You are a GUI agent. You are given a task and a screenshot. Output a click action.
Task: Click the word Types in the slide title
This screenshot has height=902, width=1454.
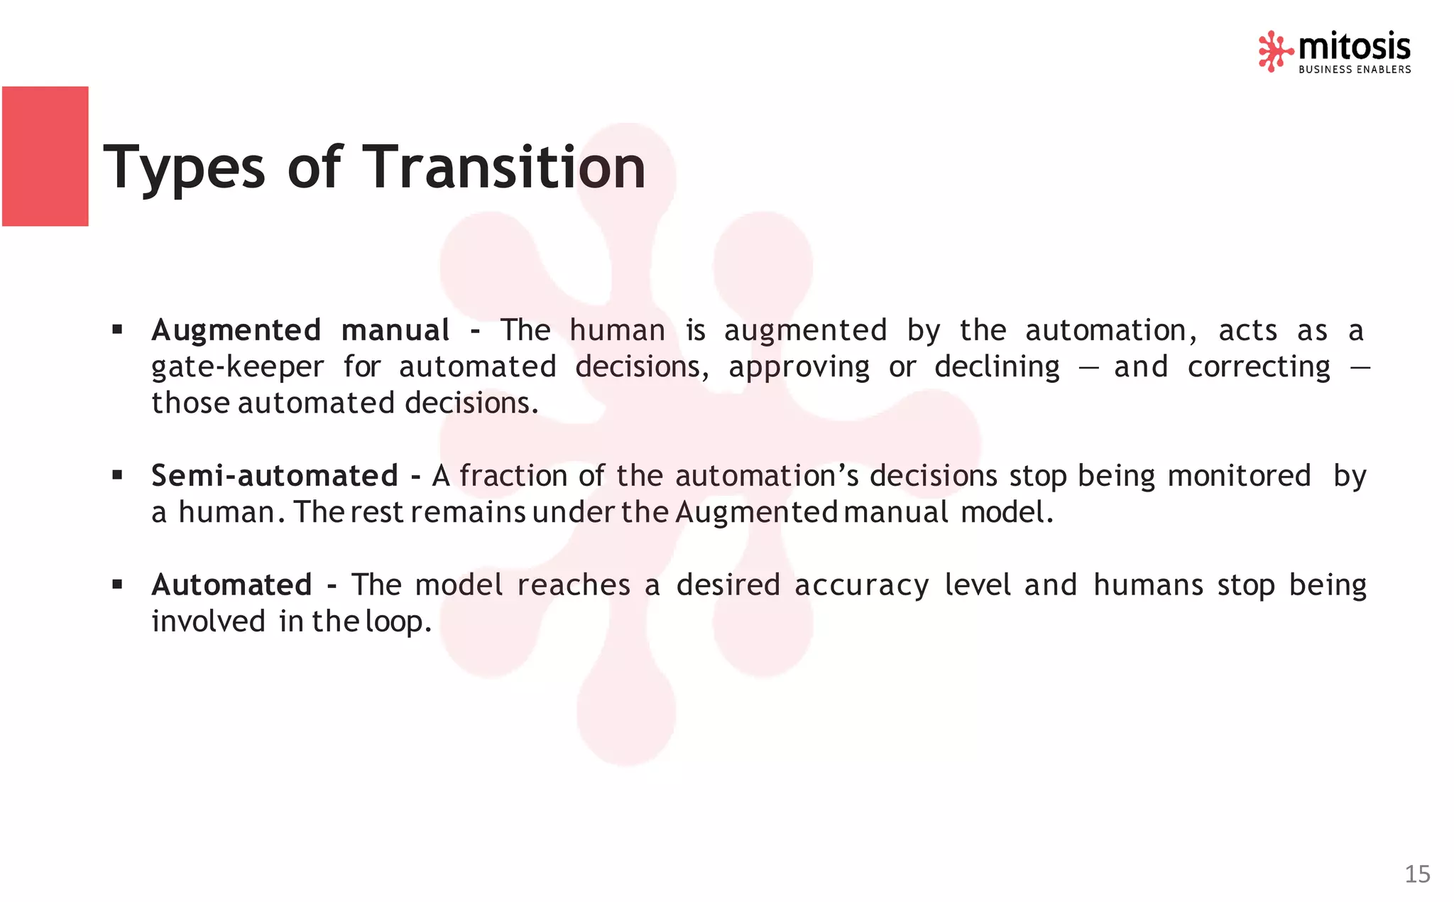click(184, 168)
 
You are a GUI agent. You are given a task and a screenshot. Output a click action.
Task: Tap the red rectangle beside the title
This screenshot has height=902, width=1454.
click(45, 156)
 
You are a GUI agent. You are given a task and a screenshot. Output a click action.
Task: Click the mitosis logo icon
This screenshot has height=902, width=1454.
click(1275, 51)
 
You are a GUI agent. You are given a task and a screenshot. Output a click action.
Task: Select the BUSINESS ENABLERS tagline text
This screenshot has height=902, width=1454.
click(1355, 70)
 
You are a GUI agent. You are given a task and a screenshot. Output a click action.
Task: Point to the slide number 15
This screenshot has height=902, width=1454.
click(1417, 874)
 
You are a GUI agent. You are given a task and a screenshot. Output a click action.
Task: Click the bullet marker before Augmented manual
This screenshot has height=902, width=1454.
click(117, 330)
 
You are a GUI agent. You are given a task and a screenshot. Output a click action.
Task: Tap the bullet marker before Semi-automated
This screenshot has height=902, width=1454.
click(117, 474)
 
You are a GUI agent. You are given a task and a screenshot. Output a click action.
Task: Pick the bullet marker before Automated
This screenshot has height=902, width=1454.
click(117, 584)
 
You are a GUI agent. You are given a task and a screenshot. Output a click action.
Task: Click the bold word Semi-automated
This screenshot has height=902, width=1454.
click(274, 475)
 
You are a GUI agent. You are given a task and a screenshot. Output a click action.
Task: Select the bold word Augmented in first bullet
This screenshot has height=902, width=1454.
click(236, 330)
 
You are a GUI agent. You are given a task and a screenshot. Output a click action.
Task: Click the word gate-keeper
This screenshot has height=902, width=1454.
click(237, 367)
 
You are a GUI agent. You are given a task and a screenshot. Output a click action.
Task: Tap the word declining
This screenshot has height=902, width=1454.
click(997, 367)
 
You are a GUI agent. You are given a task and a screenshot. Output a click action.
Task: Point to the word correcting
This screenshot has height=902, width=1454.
click(1259, 367)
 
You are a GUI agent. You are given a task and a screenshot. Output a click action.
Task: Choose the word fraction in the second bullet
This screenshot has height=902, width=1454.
click(513, 475)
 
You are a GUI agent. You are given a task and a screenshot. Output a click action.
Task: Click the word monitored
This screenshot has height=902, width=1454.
click(1239, 475)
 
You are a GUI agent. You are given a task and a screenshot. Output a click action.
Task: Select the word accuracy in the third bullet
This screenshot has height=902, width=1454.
click(861, 585)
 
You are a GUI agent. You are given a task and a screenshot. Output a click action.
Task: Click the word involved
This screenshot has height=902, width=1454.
click(208, 621)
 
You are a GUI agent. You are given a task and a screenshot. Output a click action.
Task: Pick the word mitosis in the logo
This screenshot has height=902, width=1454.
click(1354, 47)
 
